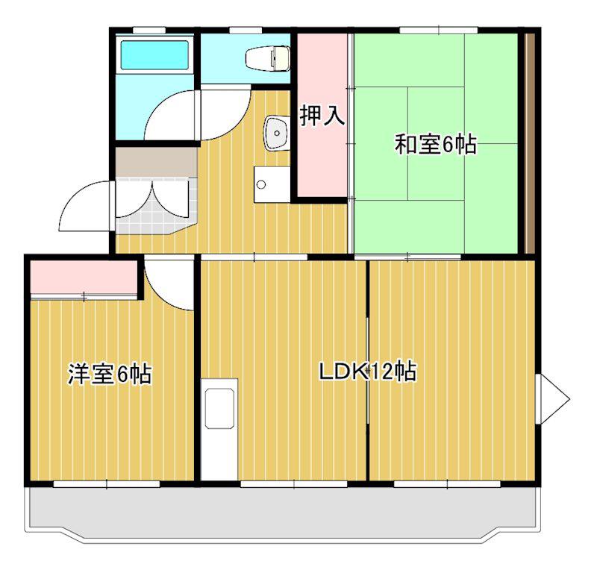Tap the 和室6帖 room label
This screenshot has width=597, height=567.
point(435,145)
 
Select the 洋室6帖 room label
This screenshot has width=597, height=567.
point(110,374)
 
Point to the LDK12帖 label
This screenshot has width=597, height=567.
point(368,372)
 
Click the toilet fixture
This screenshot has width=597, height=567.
point(268,58)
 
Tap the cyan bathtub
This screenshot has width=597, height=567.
point(154,55)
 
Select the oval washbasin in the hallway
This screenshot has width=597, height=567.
point(276,133)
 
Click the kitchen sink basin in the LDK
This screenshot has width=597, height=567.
point(219,408)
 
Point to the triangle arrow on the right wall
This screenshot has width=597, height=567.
point(552,399)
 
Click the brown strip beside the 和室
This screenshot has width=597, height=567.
point(530,143)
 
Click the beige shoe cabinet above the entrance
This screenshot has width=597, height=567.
point(156,162)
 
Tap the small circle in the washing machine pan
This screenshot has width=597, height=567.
point(260,184)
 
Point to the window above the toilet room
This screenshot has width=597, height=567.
point(246,30)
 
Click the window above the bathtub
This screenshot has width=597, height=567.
point(149,30)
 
